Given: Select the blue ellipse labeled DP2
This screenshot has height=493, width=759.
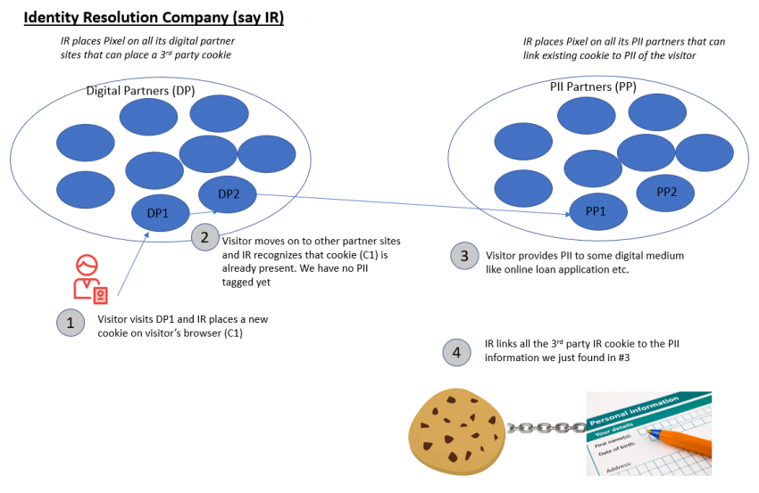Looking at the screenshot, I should (x=227, y=193).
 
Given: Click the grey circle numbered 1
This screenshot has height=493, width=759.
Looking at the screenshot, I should (x=71, y=323).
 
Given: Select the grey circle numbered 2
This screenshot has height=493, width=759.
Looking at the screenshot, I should (x=204, y=237).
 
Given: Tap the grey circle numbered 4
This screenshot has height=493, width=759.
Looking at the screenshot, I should (x=456, y=352).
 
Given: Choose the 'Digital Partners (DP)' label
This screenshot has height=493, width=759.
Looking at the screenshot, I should (x=140, y=91).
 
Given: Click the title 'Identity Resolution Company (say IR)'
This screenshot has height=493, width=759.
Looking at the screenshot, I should (x=154, y=17).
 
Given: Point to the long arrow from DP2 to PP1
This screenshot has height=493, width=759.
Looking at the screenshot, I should (x=411, y=203).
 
